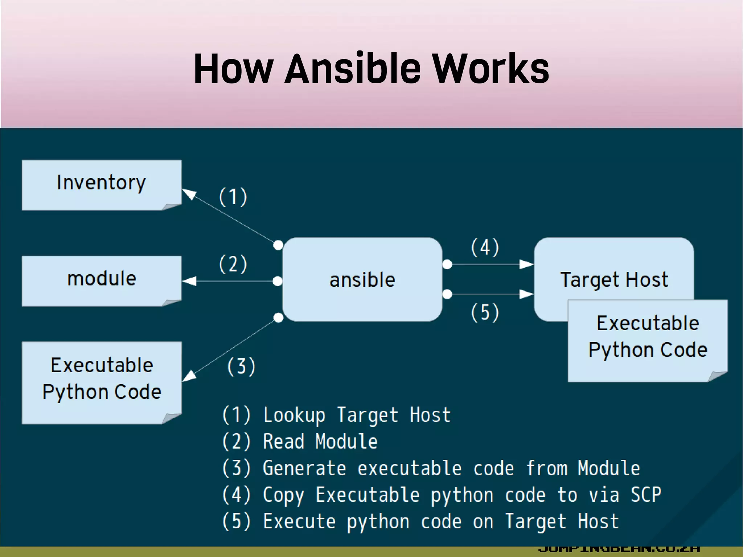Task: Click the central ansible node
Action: (362, 279)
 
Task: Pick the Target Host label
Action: (614, 279)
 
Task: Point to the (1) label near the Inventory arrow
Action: (233, 197)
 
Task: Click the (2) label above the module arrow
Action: (233, 264)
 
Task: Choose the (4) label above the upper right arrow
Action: (485, 247)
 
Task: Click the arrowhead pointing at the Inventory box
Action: (189, 194)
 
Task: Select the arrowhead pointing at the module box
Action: (189, 281)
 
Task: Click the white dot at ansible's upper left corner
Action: (278, 245)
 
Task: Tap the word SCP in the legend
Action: (646, 494)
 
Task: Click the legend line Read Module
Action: (319, 442)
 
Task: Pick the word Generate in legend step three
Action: (304, 468)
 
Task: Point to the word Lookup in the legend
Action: (294, 415)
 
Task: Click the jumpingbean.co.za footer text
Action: (619, 549)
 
